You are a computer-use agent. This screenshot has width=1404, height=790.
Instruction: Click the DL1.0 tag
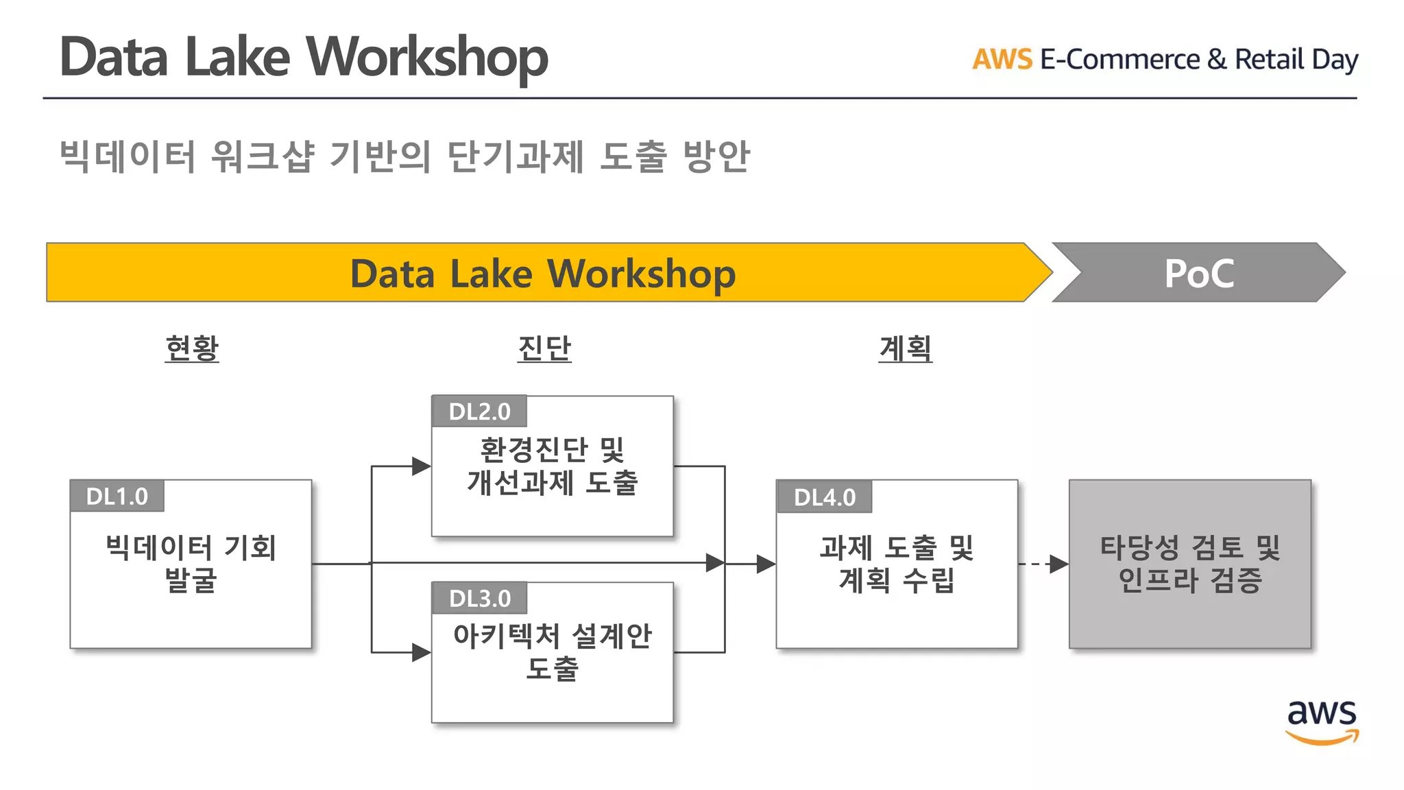click(117, 496)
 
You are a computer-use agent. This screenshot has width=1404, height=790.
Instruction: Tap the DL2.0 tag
click(479, 411)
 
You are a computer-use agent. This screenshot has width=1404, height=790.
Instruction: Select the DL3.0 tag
click(479, 599)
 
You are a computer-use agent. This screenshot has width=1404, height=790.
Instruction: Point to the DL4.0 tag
click(824, 497)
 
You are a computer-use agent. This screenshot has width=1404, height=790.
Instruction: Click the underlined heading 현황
click(192, 348)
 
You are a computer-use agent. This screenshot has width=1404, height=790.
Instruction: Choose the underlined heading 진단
click(544, 348)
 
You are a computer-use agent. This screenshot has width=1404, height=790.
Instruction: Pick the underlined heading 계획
click(905, 348)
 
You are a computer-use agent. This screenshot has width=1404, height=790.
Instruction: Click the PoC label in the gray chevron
click(1198, 274)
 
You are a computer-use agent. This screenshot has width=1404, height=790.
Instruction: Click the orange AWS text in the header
click(1002, 60)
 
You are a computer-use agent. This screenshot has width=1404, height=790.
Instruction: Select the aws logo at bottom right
click(1321, 720)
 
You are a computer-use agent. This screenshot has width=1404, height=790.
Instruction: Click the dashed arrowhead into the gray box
click(1059, 564)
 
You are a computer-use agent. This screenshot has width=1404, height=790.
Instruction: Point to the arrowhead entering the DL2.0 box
click(421, 466)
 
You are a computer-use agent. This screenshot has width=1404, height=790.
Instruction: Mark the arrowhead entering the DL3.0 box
click(421, 652)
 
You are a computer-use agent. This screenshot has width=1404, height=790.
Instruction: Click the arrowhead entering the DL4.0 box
click(766, 564)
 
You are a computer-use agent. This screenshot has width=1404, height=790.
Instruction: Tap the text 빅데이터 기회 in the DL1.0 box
click(191, 548)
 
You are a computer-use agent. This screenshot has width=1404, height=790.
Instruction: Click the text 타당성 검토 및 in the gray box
click(1189, 548)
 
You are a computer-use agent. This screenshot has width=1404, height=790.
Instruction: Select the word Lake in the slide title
click(237, 57)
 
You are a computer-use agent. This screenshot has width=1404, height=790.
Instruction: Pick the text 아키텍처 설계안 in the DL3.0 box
click(552, 636)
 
